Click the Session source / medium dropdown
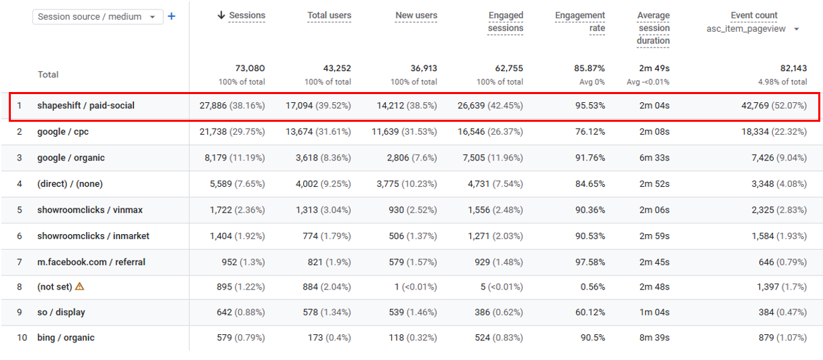click(97, 16)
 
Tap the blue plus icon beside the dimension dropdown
click(171, 16)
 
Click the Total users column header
click(329, 16)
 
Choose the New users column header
click(416, 16)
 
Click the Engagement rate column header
click(580, 22)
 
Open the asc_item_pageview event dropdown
click(753, 28)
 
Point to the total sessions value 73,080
click(250, 68)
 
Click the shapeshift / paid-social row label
click(86, 106)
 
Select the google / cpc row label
click(63, 131)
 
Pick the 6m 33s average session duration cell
click(654, 158)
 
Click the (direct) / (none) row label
click(70, 183)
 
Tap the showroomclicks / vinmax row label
click(90, 210)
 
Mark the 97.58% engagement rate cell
click(590, 262)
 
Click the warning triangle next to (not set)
click(80, 286)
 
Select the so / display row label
click(61, 312)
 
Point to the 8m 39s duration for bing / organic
click(654, 338)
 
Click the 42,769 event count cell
click(774, 106)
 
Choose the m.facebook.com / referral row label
click(91, 262)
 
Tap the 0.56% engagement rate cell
click(593, 286)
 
